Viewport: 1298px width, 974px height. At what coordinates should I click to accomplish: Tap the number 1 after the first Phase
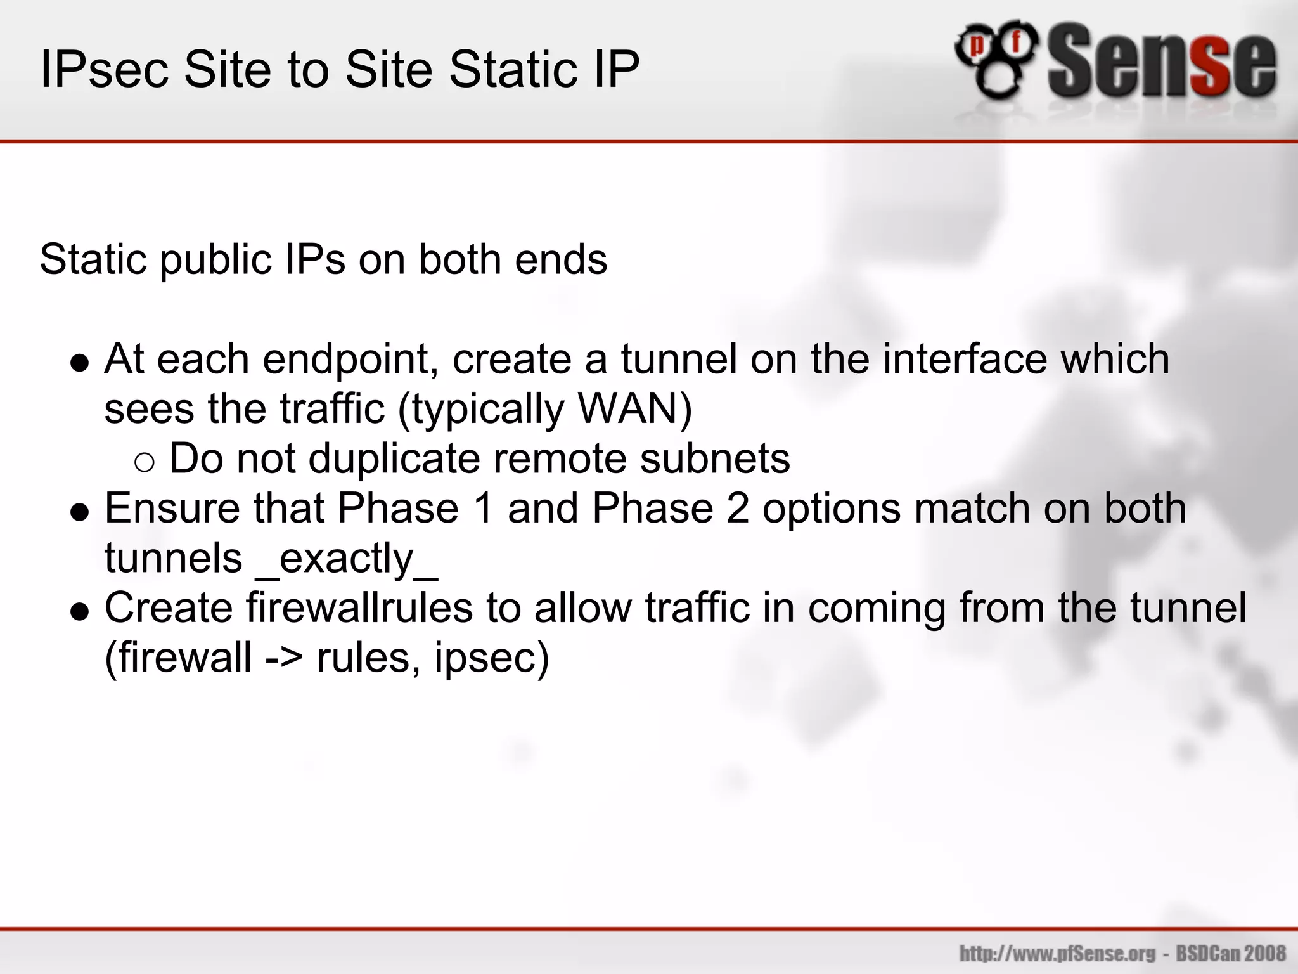[x=484, y=509]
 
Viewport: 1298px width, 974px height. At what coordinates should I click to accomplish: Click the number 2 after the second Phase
[x=738, y=509]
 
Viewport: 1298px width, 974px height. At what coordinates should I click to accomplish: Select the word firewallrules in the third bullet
[x=359, y=608]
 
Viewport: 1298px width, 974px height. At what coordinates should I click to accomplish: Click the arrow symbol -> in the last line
[x=284, y=658]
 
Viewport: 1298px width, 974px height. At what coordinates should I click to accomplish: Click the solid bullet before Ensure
[x=80, y=512]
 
